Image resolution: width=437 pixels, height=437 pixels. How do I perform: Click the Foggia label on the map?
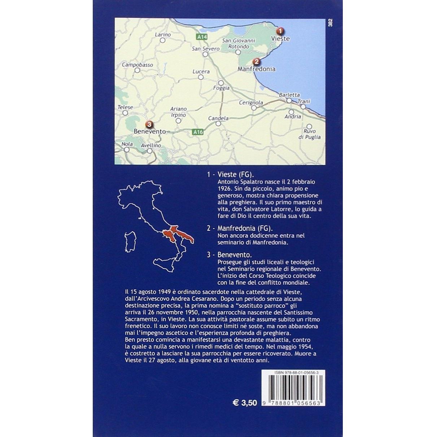click(x=221, y=88)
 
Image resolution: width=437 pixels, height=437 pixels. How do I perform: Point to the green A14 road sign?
click(x=202, y=37)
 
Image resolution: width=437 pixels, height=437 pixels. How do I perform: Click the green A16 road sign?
click(x=198, y=132)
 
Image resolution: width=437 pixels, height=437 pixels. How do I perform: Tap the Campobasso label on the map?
click(x=137, y=65)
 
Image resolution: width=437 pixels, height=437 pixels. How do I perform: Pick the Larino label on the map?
click(x=162, y=35)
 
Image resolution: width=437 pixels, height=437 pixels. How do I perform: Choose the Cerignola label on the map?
click(x=251, y=103)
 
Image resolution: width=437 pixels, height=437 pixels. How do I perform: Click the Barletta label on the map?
click(x=289, y=95)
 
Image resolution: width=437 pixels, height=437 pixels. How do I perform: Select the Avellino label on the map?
click(x=150, y=145)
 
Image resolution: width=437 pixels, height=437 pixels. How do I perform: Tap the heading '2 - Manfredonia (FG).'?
click(x=240, y=228)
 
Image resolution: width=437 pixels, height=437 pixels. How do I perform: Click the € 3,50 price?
click(x=245, y=402)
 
